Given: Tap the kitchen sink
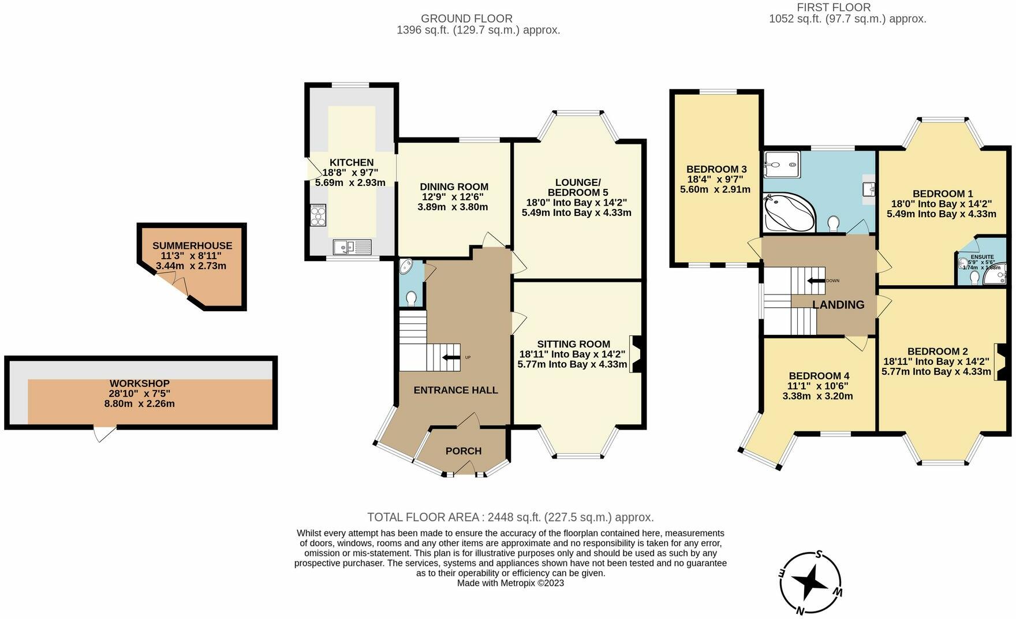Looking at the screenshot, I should (352, 247).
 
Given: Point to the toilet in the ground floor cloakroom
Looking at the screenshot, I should (411, 298).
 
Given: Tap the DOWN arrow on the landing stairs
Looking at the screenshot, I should (816, 281).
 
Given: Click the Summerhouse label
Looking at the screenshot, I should (192, 245).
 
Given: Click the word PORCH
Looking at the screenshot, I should (463, 451).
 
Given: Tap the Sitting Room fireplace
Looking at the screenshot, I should (636, 354).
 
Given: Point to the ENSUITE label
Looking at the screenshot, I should (982, 257).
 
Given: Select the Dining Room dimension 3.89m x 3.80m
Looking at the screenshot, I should (453, 207).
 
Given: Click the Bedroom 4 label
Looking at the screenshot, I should (817, 375).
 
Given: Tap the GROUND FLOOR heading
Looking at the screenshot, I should (466, 18).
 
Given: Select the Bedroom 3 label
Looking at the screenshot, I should (716, 169).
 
